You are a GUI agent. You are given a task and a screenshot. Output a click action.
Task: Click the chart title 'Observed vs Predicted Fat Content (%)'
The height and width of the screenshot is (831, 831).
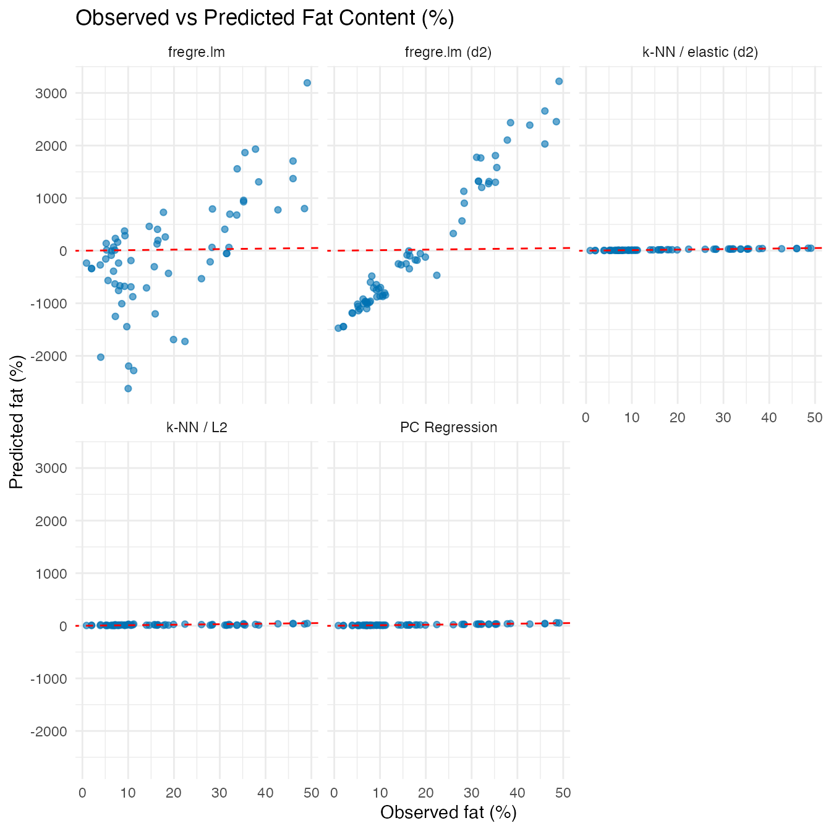tap(265, 18)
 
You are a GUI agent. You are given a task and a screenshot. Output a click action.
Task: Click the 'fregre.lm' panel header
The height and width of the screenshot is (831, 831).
tap(197, 52)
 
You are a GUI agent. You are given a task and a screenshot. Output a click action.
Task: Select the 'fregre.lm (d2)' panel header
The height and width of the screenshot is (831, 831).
tap(448, 52)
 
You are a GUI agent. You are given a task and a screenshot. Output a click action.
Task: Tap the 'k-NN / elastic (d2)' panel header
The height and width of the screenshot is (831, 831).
tap(701, 52)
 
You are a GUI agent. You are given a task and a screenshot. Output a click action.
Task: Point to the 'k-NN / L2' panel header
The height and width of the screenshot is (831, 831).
tap(197, 427)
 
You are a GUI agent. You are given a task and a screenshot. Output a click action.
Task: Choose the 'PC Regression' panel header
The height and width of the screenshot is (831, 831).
tap(448, 427)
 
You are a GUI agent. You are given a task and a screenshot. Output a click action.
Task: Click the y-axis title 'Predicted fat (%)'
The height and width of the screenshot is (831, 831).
tap(17, 422)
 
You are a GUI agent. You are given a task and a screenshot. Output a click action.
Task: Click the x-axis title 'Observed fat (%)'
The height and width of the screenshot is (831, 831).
tap(448, 812)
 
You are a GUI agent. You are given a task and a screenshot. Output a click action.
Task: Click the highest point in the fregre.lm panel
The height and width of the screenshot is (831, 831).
tap(307, 83)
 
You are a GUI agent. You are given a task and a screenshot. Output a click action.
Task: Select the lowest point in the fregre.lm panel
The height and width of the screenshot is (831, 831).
tap(128, 388)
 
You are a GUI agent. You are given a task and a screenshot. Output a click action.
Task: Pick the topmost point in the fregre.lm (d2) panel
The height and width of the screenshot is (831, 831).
tap(559, 81)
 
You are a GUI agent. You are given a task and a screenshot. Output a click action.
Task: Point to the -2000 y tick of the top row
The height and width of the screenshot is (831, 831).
tap(52, 356)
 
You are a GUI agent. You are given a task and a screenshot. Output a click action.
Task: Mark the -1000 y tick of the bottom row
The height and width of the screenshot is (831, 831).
tap(52, 679)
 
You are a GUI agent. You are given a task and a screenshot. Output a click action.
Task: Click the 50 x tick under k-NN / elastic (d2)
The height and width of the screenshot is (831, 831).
tap(815, 417)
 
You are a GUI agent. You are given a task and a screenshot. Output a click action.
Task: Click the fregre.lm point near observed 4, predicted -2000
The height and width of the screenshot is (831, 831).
tap(101, 357)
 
